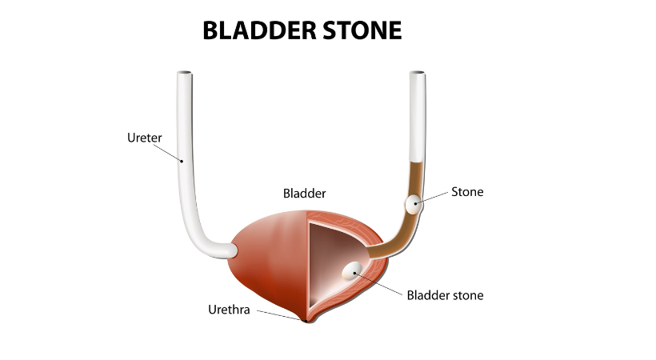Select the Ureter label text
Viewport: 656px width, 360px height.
tap(144, 138)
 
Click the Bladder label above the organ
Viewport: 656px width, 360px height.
tap(305, 194)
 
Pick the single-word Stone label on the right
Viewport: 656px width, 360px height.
tap(467, 192)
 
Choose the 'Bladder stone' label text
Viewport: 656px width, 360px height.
tap(445, 295)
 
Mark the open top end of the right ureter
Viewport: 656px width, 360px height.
tap(417, 75)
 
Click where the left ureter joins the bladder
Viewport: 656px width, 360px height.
tap(233, 250)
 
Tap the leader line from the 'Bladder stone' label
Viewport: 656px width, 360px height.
tap(380, 282)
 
